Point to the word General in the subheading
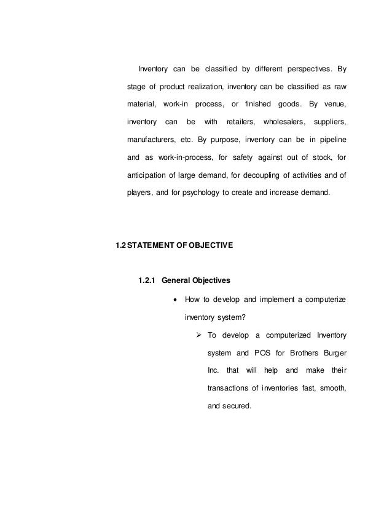tap(178, 281)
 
